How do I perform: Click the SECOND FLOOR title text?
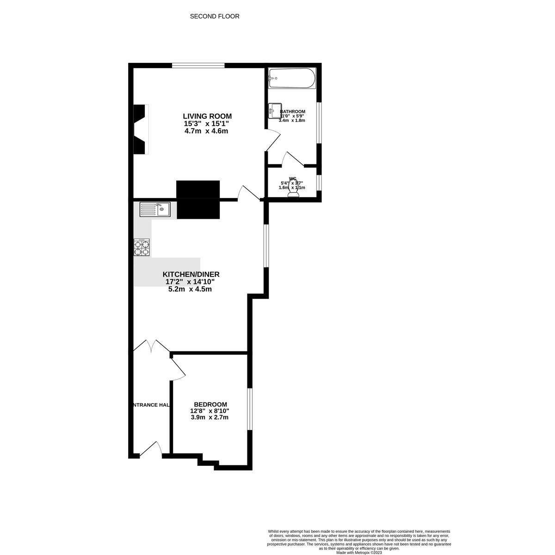click(x=215, y=17)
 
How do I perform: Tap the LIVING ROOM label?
click(x=207, y=116)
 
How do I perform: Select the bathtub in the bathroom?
click(x=292, y=78)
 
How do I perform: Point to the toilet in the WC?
click(x=293, y=191)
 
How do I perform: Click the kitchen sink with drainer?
click(x=155, y=210)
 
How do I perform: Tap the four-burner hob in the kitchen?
click(x=142, y=247)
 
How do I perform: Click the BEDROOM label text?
click(x=210, y=404)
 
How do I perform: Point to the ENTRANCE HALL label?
click(x=151, y=405)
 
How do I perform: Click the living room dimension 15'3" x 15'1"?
click(x=206, y=123)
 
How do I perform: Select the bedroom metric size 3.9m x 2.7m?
click(x=210, y=417)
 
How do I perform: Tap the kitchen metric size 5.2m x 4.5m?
click(x=190, y=289)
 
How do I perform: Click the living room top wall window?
click(x=198, y=66)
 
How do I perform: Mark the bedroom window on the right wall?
click(x=249, y=409)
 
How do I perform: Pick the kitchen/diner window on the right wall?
click(x=266, y=246)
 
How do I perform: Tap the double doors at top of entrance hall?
click(x=151, y=346)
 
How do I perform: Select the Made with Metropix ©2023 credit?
click(x=359, y=552)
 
